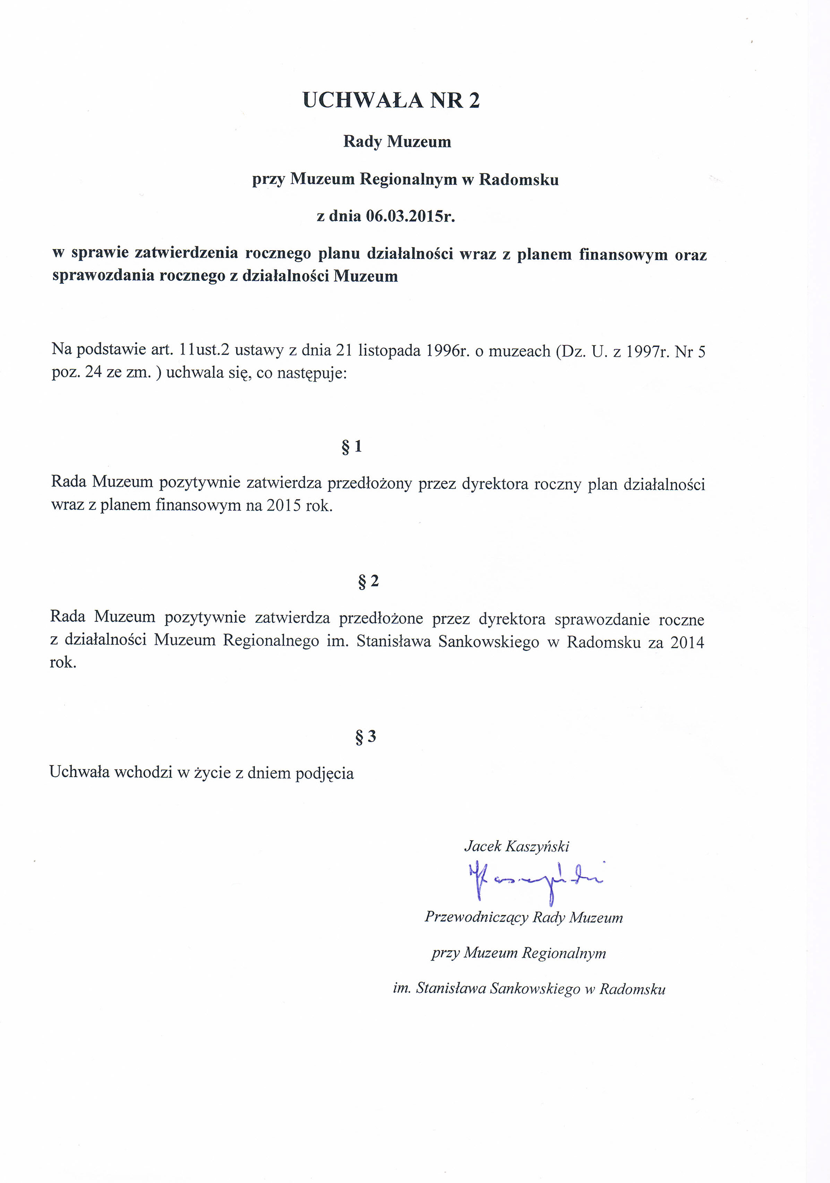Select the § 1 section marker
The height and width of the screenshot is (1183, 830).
click(352, 446)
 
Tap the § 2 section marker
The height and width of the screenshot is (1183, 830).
click(368, 581)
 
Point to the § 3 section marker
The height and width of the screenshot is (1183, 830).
click(366, 737)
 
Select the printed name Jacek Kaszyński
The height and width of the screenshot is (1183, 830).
click(516, 846)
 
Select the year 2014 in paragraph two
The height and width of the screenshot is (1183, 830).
click(687, 642)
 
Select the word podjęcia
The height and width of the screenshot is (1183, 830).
click(324, 773)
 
